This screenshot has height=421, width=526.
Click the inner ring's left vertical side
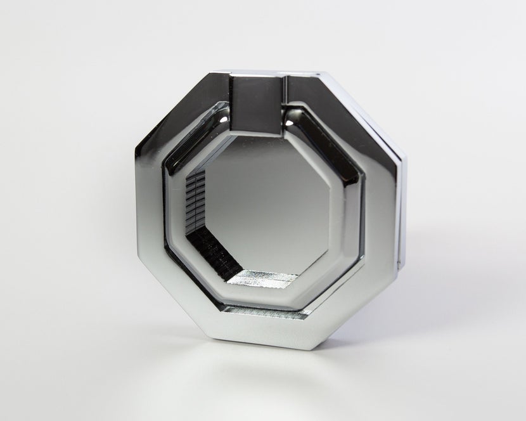[x=169, y=209]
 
